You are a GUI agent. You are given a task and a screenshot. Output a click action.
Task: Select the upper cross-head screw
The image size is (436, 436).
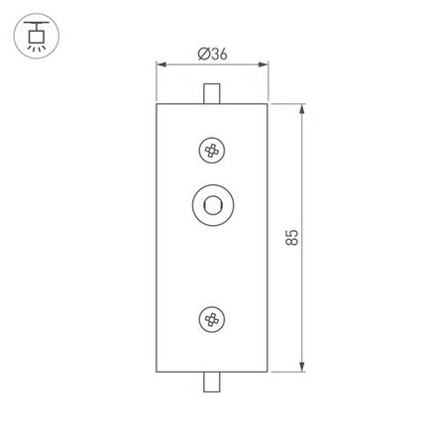tap(211, 151)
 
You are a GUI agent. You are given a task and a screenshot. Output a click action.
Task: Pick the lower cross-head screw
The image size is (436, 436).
tap(211, 319)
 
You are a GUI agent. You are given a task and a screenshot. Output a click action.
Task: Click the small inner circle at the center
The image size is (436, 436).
tap(211, 205)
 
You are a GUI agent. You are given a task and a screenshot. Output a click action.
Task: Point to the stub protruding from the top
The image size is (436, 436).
tap(211, 93)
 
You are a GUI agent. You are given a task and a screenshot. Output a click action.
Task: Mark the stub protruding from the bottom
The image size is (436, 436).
tap(211, 381)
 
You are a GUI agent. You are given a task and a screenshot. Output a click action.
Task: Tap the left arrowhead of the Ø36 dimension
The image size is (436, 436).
tap(161, 67)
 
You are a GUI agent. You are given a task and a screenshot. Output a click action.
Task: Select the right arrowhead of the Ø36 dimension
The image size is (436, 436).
tap(267, 67)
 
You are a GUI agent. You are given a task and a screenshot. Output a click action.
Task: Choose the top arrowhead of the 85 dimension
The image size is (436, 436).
tap(302, 105)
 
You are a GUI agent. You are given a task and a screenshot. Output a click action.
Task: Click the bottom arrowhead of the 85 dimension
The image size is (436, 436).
tap(302, 369)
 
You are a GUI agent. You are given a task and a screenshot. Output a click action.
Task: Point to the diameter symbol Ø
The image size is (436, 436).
tap(202, 55)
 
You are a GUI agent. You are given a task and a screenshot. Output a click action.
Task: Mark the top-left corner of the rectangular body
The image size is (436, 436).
tap(158, 102)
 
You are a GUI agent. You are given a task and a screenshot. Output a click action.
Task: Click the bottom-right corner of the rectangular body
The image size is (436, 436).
tap(269, 373)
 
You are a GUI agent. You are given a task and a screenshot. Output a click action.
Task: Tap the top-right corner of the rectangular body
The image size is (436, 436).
tap(269, 102)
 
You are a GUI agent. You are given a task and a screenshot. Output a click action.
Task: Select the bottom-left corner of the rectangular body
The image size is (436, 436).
tap(158, 373)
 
